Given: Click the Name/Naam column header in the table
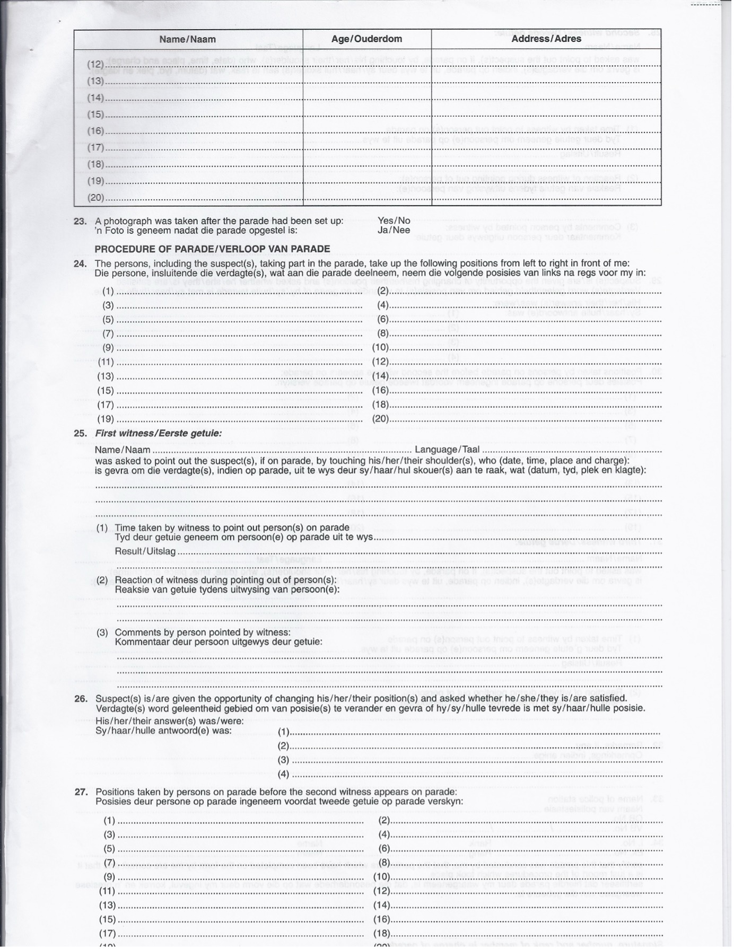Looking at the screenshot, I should pyautogui.click(x=188, y=39).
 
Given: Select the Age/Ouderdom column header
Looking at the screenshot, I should pyautogui.click(x=366, y=39).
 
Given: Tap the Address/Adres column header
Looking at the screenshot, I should pyautogui.click(x=546, y=39).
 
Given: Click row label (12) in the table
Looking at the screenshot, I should pyautogui.click(x=95, y=64).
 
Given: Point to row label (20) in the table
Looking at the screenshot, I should pyautogui.click(x=95, y=198).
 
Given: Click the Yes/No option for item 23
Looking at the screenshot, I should pyautogui.click(x=394, y=221).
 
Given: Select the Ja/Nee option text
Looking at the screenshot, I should pyautogui.click(x=394, y=230).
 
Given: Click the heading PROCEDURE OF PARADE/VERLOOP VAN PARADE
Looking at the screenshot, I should pyautogui.click(x=212, y=249).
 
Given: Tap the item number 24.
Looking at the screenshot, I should pyautogui.click(x=81, y=263).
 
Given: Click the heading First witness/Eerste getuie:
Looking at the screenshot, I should pyautogui.click(x=158, y=433).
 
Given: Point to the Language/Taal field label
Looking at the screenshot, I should pyautogui.click(x=447, y=450).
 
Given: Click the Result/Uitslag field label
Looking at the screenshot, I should pyautogui.click(x=145, y=551).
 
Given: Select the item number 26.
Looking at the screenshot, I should pyautogui.click(x=81, y=699).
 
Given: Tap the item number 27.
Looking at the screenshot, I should pyautogui.click(x=81, y=792).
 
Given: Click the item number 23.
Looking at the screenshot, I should pyautogui.click(x=81, y=221).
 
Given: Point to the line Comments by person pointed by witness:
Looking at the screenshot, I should pyautogui.click(x=203, y=632).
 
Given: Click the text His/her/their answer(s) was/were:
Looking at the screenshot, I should pyautogui.click(x=170, y=720).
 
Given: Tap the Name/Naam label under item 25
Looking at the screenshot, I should pyautogui.click(x=123, y=450).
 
